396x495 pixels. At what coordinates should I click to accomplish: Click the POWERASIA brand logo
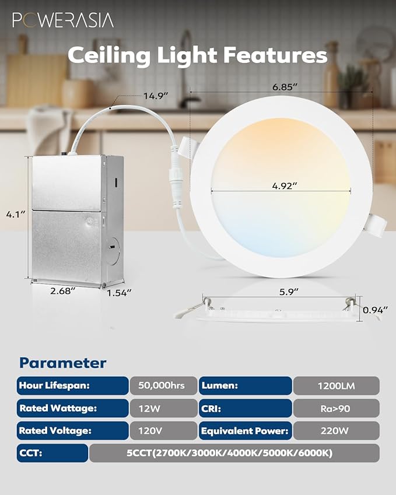click(x=63, y=20)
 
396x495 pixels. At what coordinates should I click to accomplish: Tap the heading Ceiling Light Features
click(x=197, y=55)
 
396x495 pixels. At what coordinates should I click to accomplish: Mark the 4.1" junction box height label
click(x=16, y=214)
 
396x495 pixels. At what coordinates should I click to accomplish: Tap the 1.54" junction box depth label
click(x=119, y=292)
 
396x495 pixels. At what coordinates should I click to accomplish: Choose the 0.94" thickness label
click(x=374, y=311)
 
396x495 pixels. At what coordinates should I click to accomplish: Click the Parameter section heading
click(x=63, y=363)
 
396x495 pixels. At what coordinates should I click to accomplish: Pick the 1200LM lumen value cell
click(x=335, y=385)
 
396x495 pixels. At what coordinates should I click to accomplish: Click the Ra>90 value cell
click(x=335, y=408)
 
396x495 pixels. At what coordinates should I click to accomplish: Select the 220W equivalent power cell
click(x=335, y=431)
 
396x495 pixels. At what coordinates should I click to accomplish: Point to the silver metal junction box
click(x=68, y=220)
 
